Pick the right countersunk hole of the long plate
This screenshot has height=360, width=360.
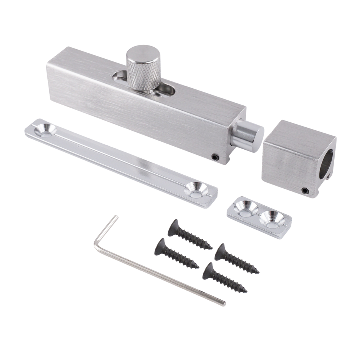[x=196, y=189]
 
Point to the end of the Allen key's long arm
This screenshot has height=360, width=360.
[x=223, y=303]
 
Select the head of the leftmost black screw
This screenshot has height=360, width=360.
[x=160, y=246]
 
